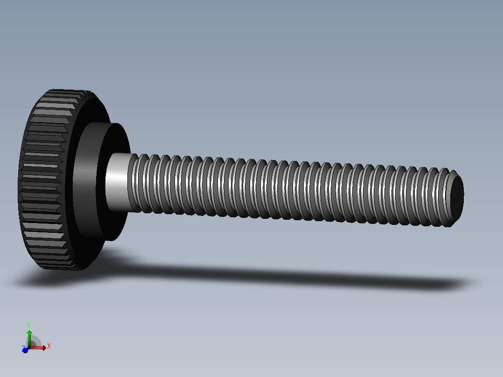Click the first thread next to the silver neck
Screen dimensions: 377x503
(135, 184)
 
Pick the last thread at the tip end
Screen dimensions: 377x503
(446, 198)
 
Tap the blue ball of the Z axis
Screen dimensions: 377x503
(25, 350)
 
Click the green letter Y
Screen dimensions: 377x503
(29, 325)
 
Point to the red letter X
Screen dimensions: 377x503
(49, 346)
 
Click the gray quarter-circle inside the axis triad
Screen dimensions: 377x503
(35, 342)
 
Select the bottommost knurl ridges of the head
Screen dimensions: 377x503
(61, 266)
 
